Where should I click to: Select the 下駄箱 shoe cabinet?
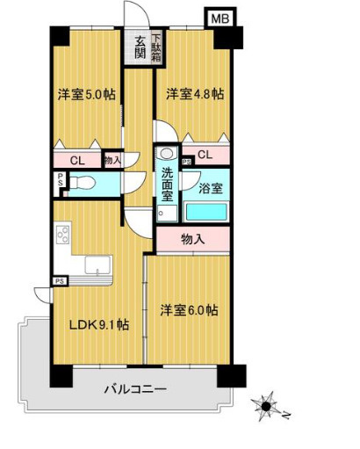155,47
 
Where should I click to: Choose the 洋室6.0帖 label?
188,310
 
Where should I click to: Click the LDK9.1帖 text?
99,324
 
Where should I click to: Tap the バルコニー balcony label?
135,387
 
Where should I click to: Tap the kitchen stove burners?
62,236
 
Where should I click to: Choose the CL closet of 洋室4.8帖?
204,156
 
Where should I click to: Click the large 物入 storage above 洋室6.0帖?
193,238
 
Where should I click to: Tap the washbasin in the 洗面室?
165,154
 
